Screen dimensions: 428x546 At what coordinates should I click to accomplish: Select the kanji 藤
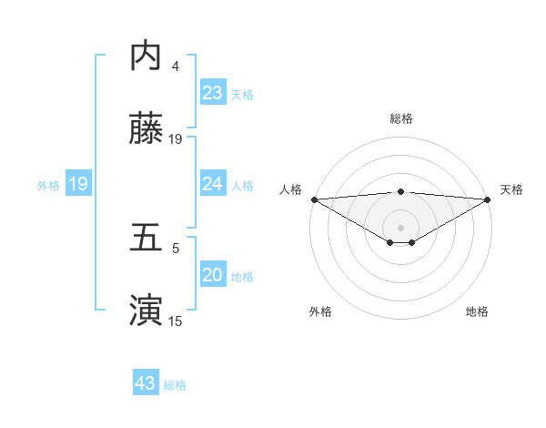pos(146,129)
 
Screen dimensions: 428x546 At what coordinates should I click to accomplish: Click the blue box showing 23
pos(213,93)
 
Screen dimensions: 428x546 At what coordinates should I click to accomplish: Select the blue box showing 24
pos(213,184)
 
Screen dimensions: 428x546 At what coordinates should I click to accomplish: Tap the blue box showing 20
pos(213,275)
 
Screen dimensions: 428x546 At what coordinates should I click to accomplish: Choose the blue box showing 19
pos(78,184)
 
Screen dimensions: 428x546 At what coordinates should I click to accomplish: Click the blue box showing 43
pos(146,383)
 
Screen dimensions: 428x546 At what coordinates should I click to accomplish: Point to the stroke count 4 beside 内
pos(176,66)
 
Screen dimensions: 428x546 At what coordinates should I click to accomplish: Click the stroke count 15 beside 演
pos(176,321)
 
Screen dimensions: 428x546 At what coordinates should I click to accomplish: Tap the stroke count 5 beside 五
pos(176,248)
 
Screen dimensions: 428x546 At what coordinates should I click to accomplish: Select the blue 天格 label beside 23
pos(242,94)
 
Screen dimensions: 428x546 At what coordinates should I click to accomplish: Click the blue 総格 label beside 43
pos(175,384)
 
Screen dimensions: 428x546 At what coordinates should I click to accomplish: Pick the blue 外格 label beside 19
pos(48,185)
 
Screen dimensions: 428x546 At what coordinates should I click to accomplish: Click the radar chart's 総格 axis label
pos(400,118)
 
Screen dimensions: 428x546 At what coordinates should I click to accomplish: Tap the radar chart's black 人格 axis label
pos(290,189)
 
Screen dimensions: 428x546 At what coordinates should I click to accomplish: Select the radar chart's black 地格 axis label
pos(477,311)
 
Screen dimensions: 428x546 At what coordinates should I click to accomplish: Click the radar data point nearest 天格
pos(489,199)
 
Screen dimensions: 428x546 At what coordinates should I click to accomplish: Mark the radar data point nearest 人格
pos(313,199)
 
